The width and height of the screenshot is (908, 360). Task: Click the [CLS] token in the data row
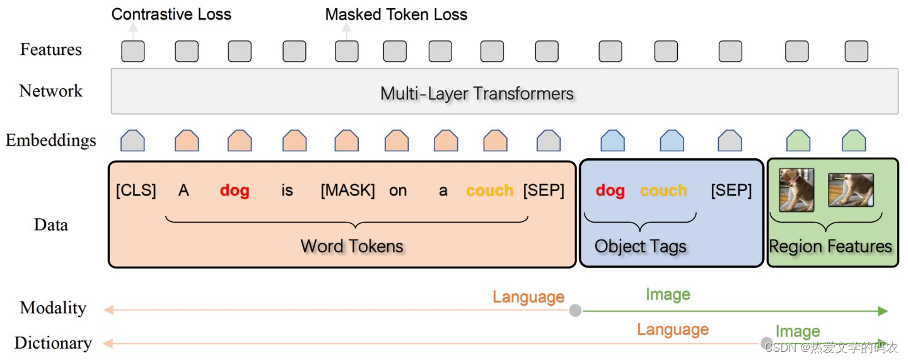[x=136, y=190]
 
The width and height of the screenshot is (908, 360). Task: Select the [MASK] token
[x=347, y=190]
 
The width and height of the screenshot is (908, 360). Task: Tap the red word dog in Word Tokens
[x=235, y=190]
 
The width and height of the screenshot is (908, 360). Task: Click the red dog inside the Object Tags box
[x=610, y=190]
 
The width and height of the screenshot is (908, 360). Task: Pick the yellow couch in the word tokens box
[x=490, y=190]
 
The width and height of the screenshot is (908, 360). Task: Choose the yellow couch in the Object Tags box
[x=663, y=190]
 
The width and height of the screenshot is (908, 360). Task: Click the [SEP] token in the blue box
[x=731, y=190]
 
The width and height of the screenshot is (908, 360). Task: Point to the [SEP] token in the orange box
[x=544, y=190]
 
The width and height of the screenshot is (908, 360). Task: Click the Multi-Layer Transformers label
[x=477, y=94]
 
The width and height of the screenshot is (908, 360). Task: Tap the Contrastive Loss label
[x=172, y=15]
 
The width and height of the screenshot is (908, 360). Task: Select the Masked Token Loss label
[x=396, y=15]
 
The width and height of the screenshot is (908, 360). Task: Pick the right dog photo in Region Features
[x=851, y=190]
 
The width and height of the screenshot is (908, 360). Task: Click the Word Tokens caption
[x=352, y=246]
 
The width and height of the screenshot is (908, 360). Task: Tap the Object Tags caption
[x=640, y=247]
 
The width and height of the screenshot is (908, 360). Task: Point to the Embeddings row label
[x=51, y=140]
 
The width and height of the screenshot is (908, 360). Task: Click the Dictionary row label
[x=53, y=343]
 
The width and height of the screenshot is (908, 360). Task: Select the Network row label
[x=51, y=91]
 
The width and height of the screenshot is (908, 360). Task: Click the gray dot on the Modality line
[x=575, y=310]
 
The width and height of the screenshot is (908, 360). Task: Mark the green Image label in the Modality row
[x=668, y=294]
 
